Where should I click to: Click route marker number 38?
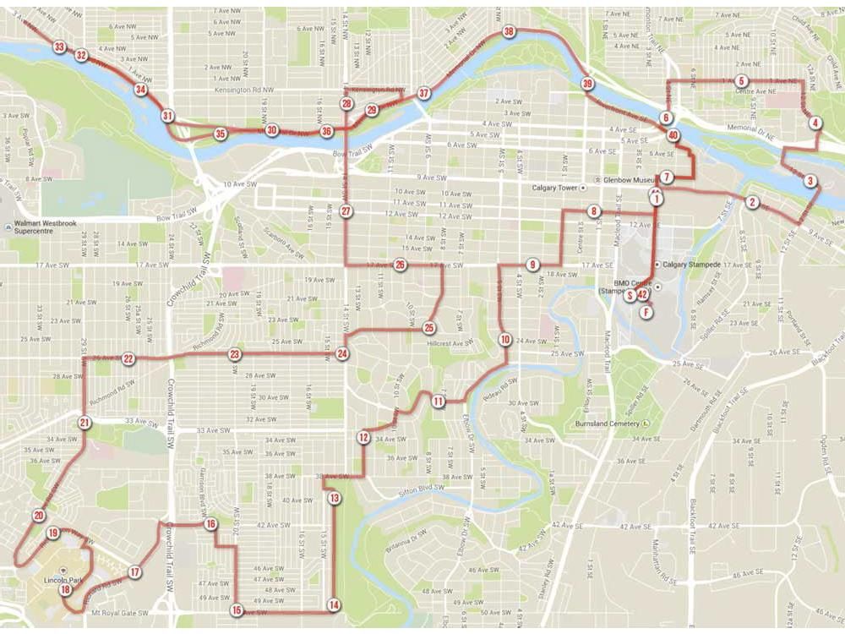[x=508, y=32]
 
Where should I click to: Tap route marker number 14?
[x=334, y=604]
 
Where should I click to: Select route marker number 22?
[x=128, y=358]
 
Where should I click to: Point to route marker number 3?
[x=810, y=181]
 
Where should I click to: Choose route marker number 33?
[x=57, y=46]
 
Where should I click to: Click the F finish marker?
[x=646, y=312]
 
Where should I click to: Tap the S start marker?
[x=630, y=295]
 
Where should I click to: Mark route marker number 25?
[x=429, y=327]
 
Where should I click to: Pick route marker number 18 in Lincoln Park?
[x=66, y=589]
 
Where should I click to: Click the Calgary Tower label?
[x=559, y=187]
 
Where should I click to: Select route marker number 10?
[x=504, y=340]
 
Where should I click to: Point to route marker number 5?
[x=740, y=81]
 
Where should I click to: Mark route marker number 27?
[x=345, y=211]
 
